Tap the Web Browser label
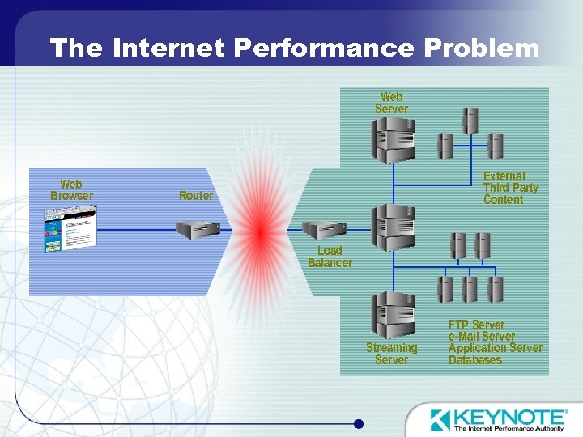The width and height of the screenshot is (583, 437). (x=71, y=190)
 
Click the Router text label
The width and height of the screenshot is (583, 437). (x=196, y=196)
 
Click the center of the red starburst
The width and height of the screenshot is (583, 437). (x=260, y=231)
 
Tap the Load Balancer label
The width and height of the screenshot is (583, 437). (x=330, y=257)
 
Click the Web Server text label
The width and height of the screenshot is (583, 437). (x=391, y=103)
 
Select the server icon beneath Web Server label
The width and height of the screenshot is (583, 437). (x=393, y=140)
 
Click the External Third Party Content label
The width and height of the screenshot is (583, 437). (x=510, y=188)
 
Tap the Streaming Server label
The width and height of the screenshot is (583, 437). (x=392, y=354)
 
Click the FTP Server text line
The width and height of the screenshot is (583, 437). (x=476, y=325)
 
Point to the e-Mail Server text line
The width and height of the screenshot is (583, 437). (x=481, y=337)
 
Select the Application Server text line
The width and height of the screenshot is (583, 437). (x=495, y=348)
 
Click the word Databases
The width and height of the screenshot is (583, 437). (x=475, y=360)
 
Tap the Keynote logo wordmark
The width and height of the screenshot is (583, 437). (x=507, y=418)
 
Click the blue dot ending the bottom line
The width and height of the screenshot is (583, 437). (x=359, y=423)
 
